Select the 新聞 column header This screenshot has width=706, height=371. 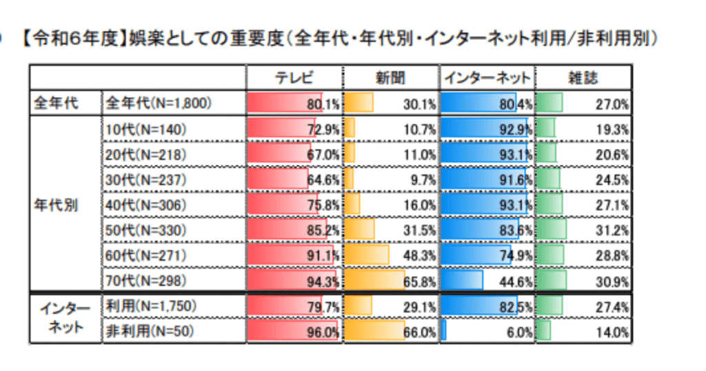click(390, 77)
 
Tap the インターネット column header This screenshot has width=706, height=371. click(487, 77)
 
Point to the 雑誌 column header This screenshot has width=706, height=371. click(583, 77)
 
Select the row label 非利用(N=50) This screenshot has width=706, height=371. click(147, 332)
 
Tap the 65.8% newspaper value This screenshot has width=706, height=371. click(420, 281)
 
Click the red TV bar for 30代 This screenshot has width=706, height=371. click(277, 179)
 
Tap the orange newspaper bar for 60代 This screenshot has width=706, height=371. click(366, 256)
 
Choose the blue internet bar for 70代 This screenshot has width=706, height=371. click(461, 281)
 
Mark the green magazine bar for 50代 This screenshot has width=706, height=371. click(551, 230)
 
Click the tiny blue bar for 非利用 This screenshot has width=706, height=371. click(443, 332)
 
